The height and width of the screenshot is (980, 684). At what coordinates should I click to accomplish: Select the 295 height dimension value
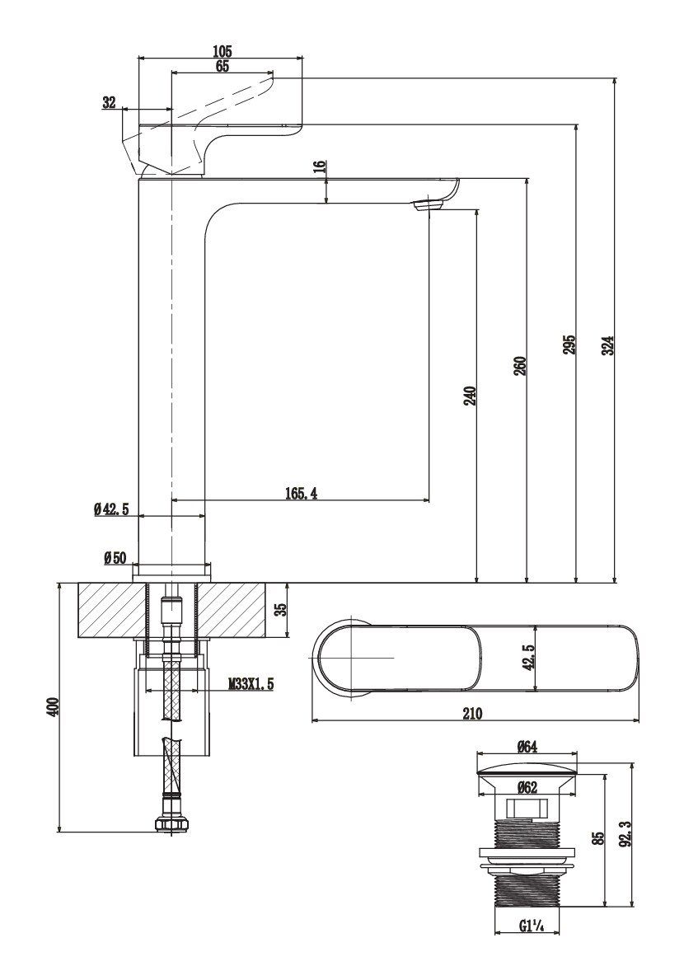point(569,345)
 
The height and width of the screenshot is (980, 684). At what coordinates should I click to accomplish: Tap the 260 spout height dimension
point(519,365)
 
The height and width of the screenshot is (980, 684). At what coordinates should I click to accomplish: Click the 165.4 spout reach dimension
point(302,493)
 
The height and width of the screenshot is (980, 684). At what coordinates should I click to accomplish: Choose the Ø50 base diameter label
point(115,558)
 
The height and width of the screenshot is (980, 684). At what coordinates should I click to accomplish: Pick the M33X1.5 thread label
point(251,684)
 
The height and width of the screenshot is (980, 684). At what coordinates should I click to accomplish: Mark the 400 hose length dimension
point(54,706)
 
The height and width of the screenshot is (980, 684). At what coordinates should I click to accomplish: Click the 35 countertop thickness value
point(280,609)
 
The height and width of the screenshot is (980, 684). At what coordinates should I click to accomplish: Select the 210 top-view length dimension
point(471,713)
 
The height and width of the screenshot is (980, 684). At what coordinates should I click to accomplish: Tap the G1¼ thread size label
point(532,925)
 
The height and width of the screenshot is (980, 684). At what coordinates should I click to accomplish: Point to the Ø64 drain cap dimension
point(527,747)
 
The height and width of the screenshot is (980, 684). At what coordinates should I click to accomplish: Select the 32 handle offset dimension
point(109,102)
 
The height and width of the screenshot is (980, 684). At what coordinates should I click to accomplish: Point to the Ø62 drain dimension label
point(527,788)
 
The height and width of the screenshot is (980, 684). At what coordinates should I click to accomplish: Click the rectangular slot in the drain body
point(527,809)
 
